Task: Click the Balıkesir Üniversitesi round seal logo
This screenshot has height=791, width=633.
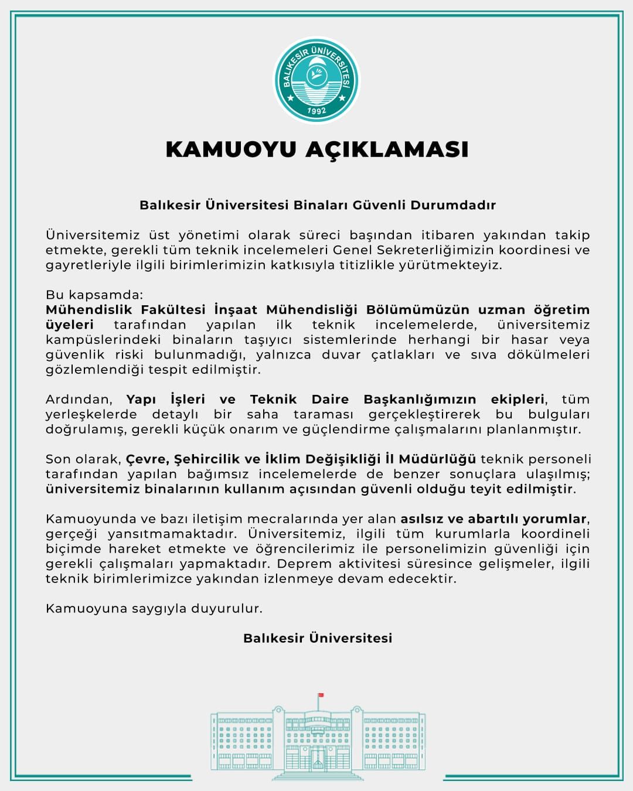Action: tap(316, 80)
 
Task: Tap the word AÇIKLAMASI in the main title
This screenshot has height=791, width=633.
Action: tap(387, 149)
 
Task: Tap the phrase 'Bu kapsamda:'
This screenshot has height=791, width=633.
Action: tap(94, 295)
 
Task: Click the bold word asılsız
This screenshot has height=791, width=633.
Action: tap(421, 519)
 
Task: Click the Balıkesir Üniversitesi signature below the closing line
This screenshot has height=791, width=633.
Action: tap(318, 638)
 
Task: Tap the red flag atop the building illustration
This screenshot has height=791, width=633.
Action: tap(321, 695)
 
